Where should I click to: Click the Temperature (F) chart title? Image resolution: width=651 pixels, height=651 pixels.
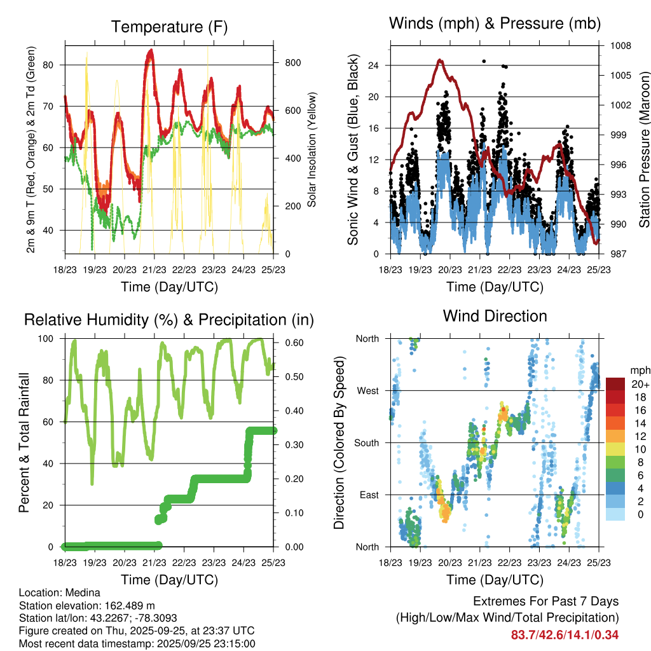coord(169,27)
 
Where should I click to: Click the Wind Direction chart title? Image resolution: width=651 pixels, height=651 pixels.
coord(495,316)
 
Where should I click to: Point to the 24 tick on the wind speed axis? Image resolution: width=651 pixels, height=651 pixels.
coord(374,65)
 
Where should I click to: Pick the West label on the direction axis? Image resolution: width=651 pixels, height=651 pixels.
coord(368,390)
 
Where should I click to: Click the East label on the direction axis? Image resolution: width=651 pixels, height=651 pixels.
coord(369,495)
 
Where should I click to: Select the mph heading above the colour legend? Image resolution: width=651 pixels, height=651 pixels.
coord(639,370)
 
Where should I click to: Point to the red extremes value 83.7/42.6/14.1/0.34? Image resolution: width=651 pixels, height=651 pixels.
coord(565,634)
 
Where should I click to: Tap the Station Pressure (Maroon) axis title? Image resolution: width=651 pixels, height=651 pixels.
coord(643,149)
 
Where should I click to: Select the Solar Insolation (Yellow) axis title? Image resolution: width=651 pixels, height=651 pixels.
coord(312,149)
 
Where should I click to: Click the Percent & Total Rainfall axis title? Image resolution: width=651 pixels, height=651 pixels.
coord(24,442)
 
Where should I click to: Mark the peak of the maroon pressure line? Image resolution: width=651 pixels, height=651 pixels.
coord(440,60)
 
